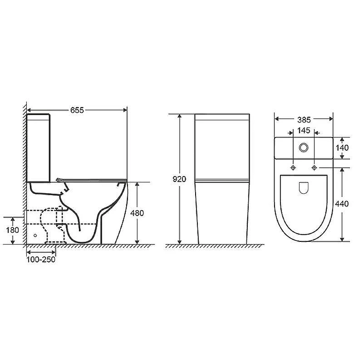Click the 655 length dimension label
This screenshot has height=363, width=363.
77,110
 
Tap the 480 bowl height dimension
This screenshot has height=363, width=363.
137,213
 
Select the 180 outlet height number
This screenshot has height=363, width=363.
13,230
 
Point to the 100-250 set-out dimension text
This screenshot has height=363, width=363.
41,260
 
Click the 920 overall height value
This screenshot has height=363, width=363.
179,179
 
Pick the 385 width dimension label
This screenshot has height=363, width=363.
304,120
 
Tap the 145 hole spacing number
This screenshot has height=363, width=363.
304,131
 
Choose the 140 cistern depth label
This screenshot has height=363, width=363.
342,148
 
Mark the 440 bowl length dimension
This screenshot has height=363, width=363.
342,204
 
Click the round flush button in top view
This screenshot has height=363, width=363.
304,147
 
